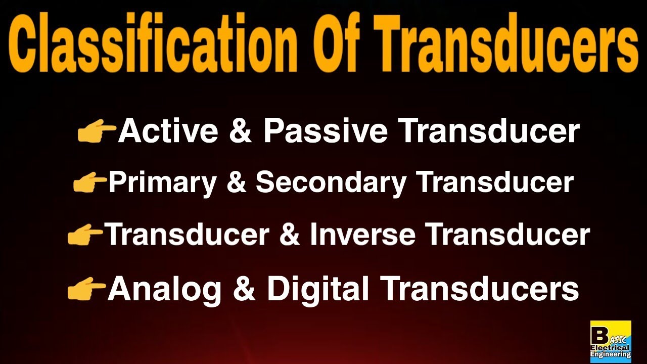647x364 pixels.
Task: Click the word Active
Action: coord(168,131)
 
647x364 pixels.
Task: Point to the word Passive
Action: coord(325,131)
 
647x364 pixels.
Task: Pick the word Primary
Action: coord(162,183)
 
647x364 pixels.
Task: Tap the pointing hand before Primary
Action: coord(90,183)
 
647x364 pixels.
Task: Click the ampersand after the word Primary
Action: coord(236,183)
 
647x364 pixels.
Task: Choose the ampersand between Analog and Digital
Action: coord(244,289)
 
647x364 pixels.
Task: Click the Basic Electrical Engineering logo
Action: coord(611,341)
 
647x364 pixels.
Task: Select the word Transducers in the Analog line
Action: coord(480,289)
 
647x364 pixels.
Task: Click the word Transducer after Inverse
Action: coord(507,235)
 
